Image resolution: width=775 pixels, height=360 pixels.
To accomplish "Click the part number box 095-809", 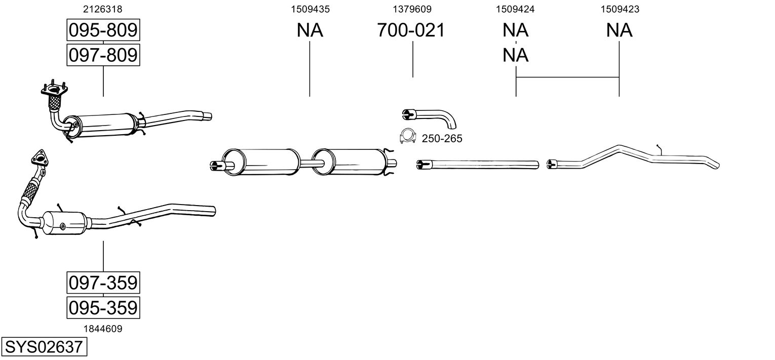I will (x=103, y=30).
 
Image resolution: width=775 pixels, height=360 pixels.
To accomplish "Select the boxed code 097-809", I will (x=103, y=55).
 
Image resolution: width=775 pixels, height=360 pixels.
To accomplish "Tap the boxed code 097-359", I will (x=103, y=283).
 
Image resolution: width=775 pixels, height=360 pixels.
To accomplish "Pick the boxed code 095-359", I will (x=103, y=307).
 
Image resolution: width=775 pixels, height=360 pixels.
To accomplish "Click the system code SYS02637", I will (x=43, y=347).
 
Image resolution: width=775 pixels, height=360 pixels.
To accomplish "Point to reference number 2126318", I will (x=103, y=9).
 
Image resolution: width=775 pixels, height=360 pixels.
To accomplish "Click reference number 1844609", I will (x=103, y=329).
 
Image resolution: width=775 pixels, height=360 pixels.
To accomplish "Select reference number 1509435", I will (x=309, y=9).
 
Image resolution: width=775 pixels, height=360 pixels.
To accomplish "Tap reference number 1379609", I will (x=412, y=9).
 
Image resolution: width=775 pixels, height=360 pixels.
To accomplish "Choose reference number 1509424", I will (x=516, y=9).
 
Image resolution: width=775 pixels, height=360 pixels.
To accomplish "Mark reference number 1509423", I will (x=619, y=9).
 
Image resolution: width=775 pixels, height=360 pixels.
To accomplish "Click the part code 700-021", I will (x=411, y=30).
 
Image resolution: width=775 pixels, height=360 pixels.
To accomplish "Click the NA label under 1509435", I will (x=309, y=30).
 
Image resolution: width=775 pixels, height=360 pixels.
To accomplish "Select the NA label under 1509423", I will (x=619, y=30).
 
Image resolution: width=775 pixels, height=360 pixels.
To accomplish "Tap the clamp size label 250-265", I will (x=442, y=139).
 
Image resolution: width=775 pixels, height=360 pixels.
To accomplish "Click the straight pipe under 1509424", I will (x=479, y=164).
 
